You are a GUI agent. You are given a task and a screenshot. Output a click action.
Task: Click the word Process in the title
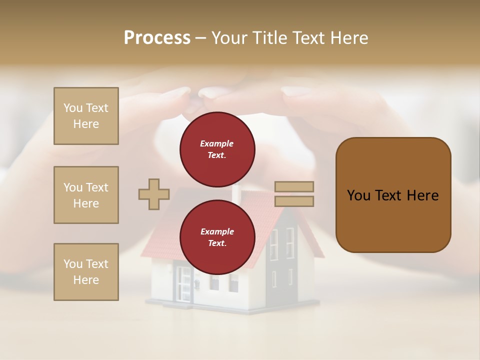click(x=157, y=38)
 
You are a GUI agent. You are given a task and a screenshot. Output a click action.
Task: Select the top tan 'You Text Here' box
click(x=86, y=116)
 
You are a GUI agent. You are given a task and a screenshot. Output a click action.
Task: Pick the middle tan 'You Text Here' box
click(x=86, y=195)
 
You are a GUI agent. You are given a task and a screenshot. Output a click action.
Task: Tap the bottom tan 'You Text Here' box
click(x=86, y=272)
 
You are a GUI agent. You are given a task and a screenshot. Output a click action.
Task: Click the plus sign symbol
click(x=154, y=194)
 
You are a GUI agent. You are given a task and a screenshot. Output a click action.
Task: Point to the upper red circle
click(x=217, y=149)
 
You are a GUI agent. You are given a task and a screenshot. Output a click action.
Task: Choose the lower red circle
click(x=217, y=237)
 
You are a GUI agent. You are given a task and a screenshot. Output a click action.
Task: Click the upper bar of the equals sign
click(x=294, y=186)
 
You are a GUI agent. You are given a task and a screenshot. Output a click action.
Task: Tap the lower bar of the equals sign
click(x=294, y=201)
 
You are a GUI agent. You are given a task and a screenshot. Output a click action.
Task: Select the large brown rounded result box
click(x=393, y=195)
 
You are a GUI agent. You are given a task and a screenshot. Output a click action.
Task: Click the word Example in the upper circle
click(x=217, y=143)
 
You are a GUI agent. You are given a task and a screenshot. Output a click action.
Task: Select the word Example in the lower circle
click(x=217, y=231)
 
